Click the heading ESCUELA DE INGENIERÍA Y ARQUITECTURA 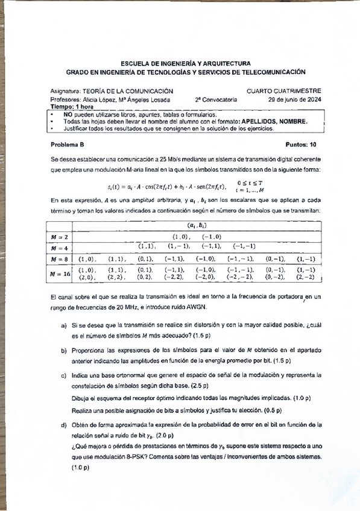[x=182, y=63]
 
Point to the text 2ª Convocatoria [x=216, y=99]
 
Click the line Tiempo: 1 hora [x=72, y=106]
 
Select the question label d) [x=63, y=425]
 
